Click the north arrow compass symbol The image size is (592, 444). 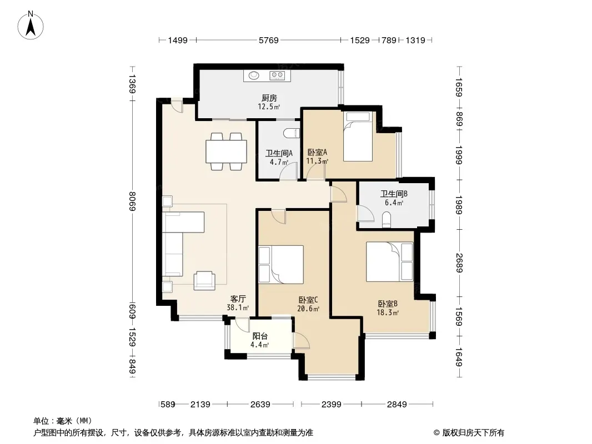point(31,26)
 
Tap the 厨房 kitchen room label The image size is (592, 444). point(269,98)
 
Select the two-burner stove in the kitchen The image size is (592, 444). point(277,75)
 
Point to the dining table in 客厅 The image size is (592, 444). point(226,152)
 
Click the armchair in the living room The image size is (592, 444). point(204,281)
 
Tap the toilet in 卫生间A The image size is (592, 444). point(292,133)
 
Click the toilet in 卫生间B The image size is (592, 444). point(387,220)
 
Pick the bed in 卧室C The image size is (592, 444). point(281,264)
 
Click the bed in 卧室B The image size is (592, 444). point(389,262)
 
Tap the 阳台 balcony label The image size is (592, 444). point(260,336)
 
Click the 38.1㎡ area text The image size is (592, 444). point(238,307)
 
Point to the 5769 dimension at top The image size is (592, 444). point(268,40)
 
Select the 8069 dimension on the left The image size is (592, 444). point(132,201)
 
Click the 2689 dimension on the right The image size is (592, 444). point(459,263)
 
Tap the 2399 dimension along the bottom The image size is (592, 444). point(331,405)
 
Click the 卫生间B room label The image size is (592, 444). point(394,194)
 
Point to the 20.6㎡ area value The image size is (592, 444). point(308,309)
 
